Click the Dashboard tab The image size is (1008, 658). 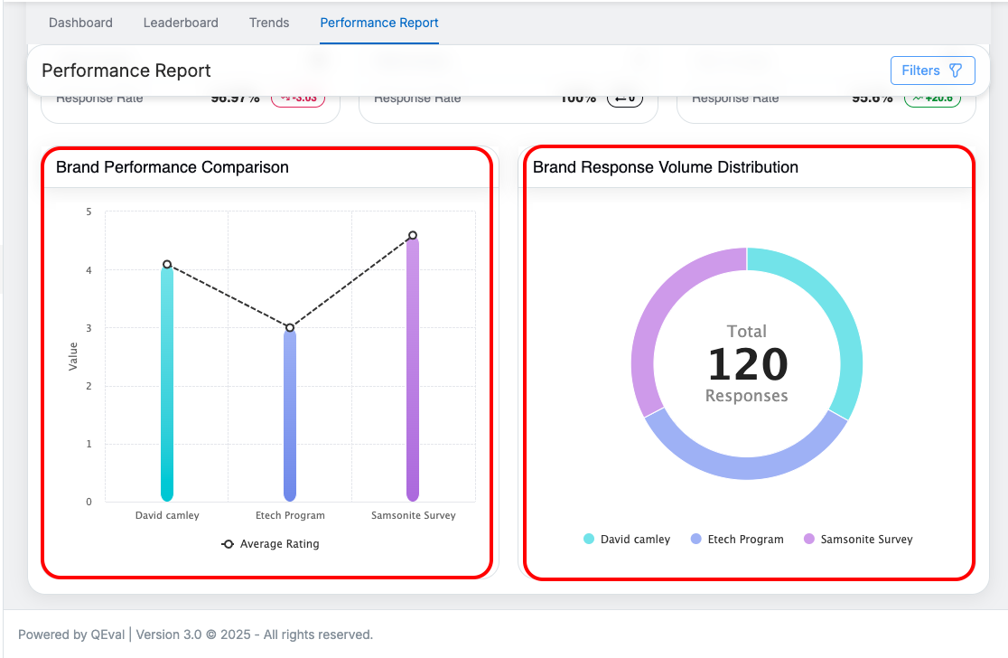[80, 23]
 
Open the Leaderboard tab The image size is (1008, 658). [181, 23]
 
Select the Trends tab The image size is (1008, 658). [269, 23]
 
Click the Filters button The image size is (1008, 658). [932, 70]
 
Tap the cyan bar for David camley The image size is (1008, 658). [167, 389]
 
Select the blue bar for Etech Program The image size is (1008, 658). [290, 416]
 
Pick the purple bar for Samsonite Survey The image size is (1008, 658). [413, 371]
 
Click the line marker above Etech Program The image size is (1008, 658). [290, 328]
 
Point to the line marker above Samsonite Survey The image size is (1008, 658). [413, 236]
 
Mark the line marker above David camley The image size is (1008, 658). [167, 265]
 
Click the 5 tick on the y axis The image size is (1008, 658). [89, 212]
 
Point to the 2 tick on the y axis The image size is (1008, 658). [89, 386]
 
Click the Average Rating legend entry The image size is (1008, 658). [271, 544]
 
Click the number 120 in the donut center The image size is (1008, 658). [747, 364]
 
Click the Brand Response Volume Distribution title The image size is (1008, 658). [666, 167]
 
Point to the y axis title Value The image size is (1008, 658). [73, 356]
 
